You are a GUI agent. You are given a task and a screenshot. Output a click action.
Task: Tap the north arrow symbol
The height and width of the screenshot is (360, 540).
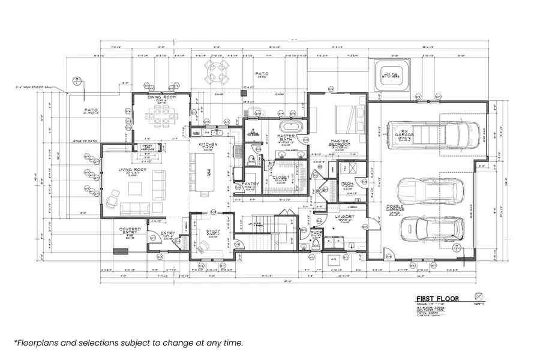click(x=478, y=296)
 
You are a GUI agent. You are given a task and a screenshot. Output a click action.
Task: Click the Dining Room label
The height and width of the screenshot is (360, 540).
click(x=161, y=97)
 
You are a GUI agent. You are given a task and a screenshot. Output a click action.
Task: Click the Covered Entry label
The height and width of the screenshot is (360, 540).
click(x=130, y=230)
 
